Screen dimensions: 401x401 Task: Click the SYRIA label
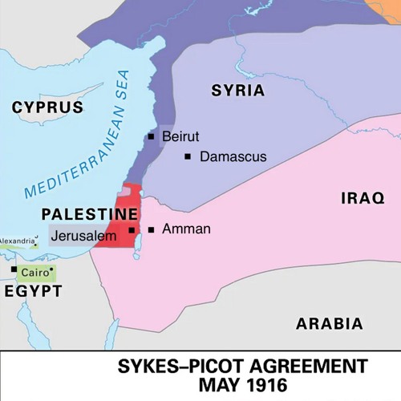point(238,91)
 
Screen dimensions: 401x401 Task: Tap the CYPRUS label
point(48,107)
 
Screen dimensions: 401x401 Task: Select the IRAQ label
point(363,198)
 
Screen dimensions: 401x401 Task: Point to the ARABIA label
point(329,324)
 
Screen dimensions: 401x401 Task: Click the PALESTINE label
point(90,215)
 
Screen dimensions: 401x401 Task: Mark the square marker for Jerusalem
point(132,229)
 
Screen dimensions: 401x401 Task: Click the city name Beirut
point(180,137)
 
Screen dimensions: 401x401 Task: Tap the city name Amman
point(186,229)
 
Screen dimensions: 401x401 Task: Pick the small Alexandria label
point(17,241)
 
